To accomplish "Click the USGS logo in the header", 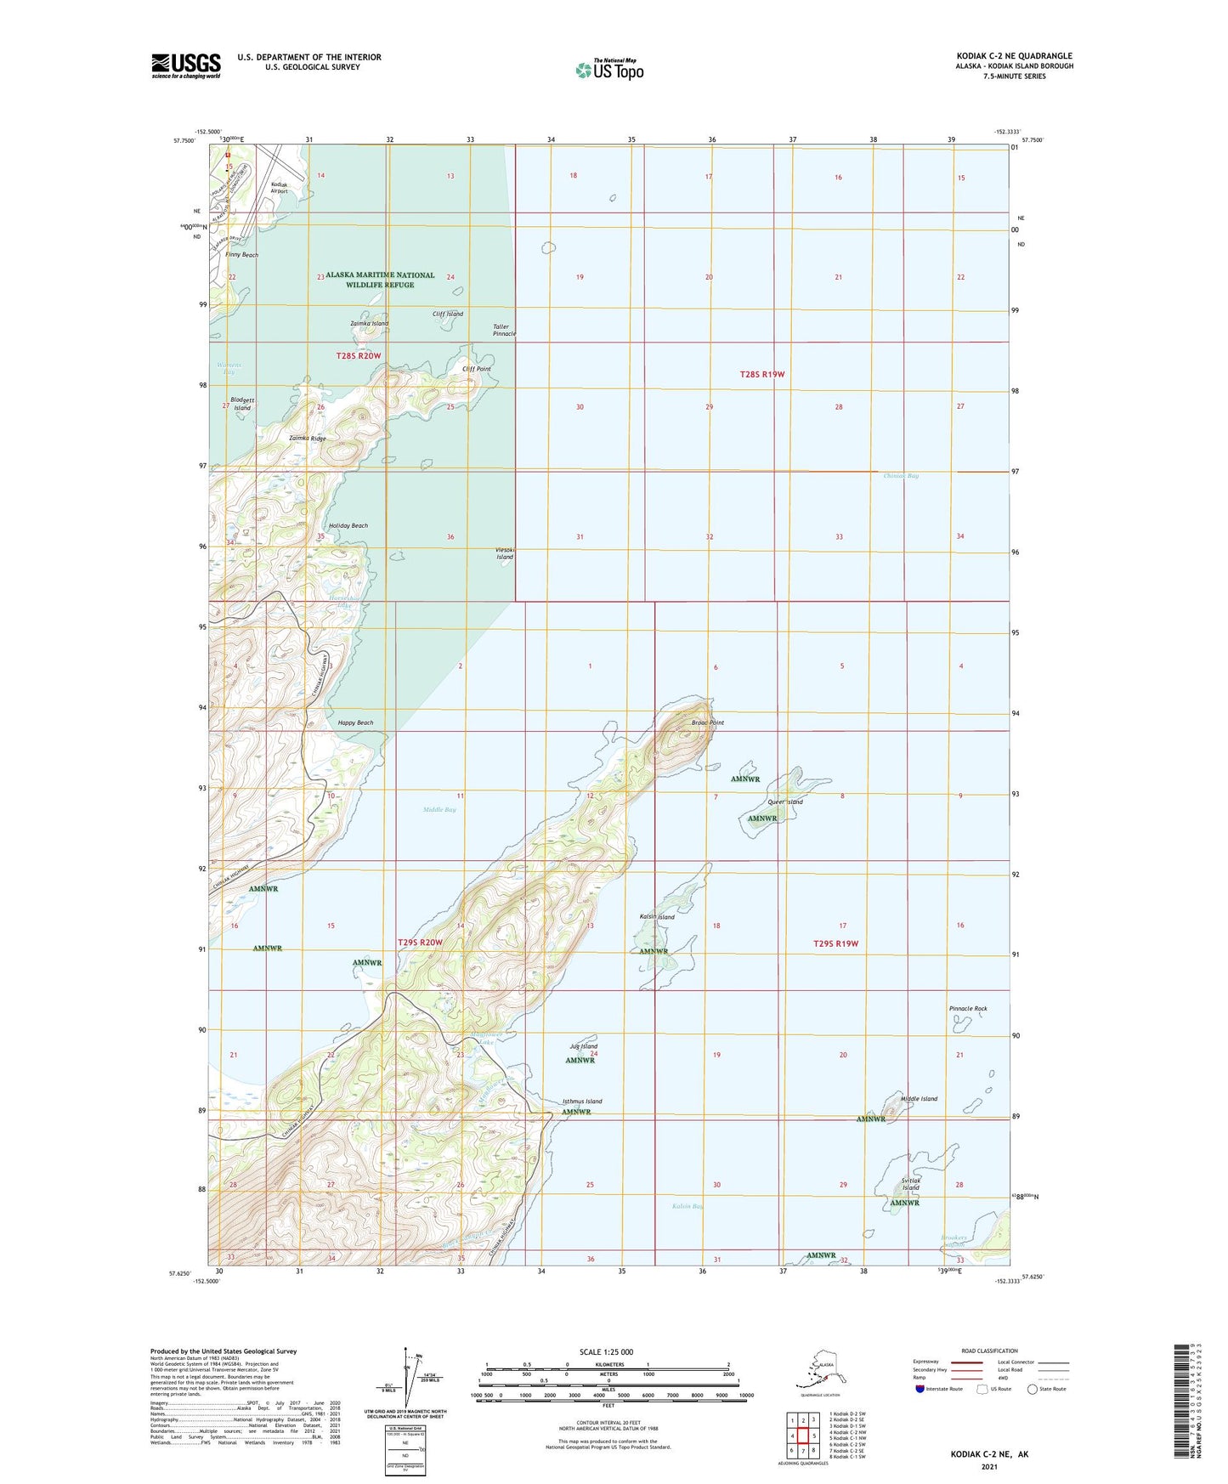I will pyautogui.click(x=186, y=65).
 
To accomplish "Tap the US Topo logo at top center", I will pyautogui.click(x=608, y=69).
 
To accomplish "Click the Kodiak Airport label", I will pyautogui.click(x=280, y=188).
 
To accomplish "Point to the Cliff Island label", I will pyautogui.click(x=448, y=314).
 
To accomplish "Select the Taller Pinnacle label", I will pyautogui.click(x=504, y=330).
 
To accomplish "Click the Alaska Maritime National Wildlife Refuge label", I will pyautogui.click(x=380, y=280).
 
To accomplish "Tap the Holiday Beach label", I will pyautogui.click(x=348, y=526).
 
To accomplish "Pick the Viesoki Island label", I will pyautogui.click(x=505, y=553).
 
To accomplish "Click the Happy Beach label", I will pyautogui.click(x=355, y=722).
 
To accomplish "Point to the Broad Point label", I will pyautogui.click(x=707, y=722).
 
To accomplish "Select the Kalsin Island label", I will pyautogui.click(x=657, y=917).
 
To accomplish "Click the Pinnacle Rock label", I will pyautogui.click(x=968, y=1009).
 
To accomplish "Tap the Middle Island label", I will pyautogui.click(x=919, y=1099).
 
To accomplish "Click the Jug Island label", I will pyautogui.click(x=584, y=1046).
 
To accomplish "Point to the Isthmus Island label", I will pyautogui.click(x=582, y=1102).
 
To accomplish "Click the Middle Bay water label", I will pyautogui.click(x=439, y=810).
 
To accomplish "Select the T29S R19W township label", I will pyautogui.click(x=836, y=943).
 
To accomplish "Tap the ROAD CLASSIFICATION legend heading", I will pyautogui.click(x=988, y=1351).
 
